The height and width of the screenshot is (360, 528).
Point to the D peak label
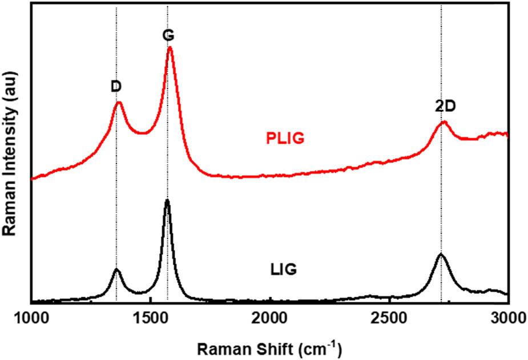(x=116, y=86)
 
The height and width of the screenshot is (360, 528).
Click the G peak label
(x=168, y=35)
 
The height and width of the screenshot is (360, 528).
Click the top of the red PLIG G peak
(x=170, y=47)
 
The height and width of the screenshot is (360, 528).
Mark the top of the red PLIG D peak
(x=119, y=103)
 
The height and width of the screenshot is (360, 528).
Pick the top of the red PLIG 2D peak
(x=443, y=122)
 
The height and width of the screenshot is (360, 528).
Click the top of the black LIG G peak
(x=167, y=200)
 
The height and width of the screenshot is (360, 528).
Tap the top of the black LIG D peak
(x=116, y=269)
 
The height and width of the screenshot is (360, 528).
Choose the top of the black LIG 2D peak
(x=440, y=254)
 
